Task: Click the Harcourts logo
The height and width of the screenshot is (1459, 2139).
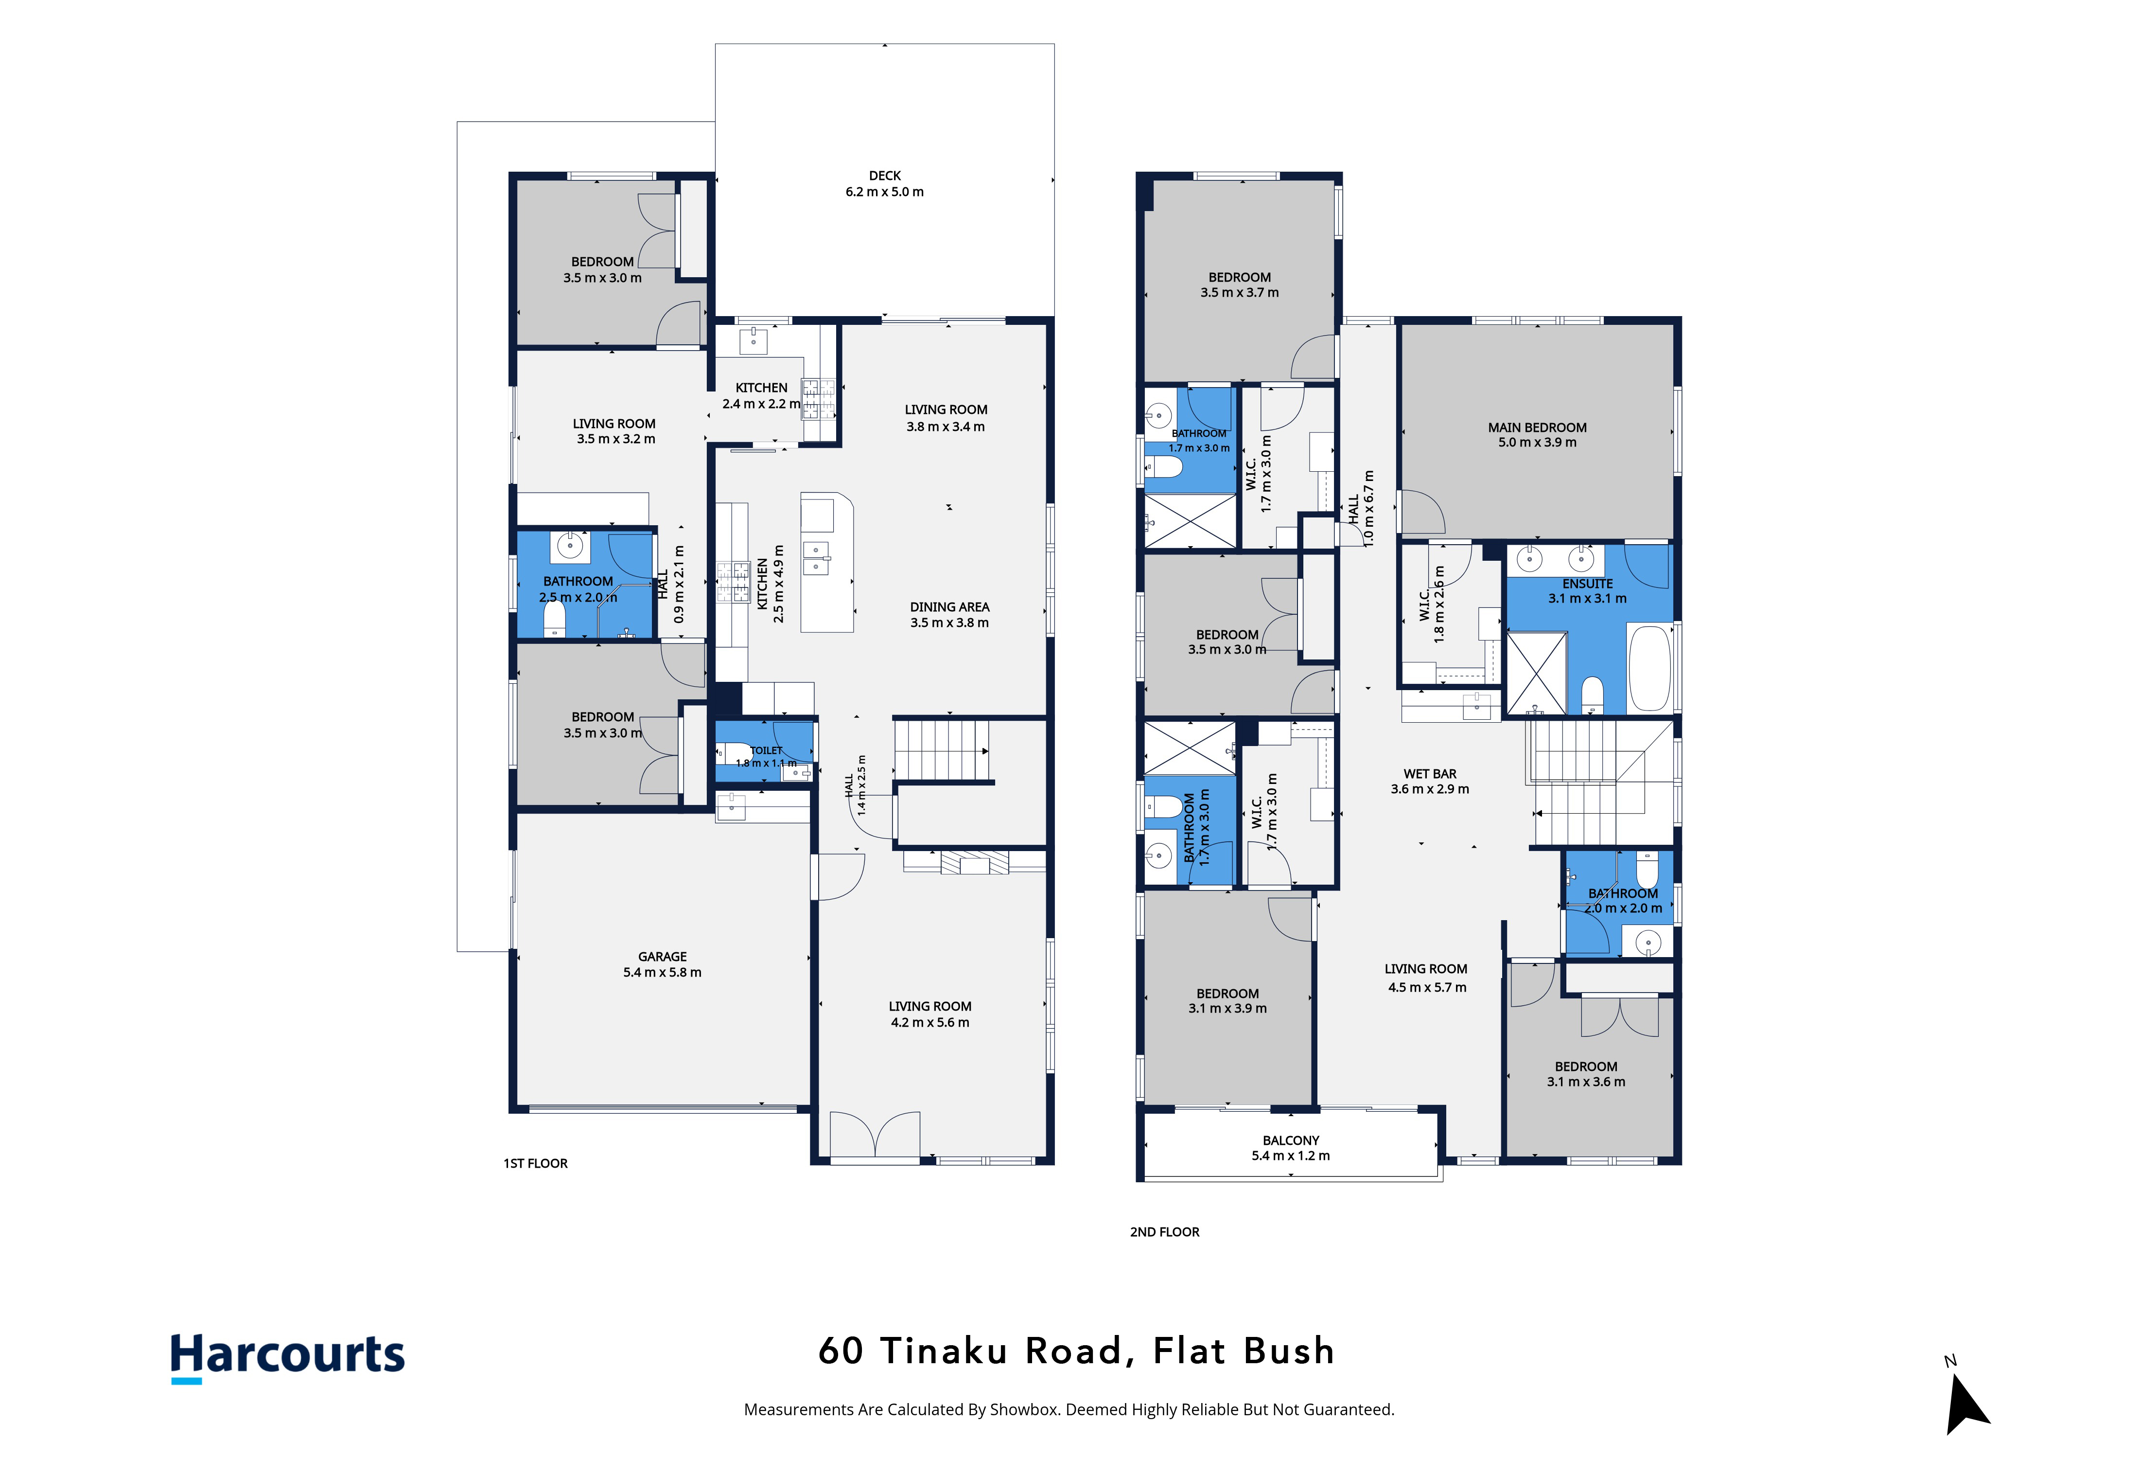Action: click(x=287, y=1357)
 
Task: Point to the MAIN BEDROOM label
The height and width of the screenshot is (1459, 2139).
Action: click(x=1537, y=427)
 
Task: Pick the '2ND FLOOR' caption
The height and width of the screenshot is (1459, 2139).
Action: click(x=1164, y=1231)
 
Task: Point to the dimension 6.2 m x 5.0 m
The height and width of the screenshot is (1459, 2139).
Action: click(x=884, y=192)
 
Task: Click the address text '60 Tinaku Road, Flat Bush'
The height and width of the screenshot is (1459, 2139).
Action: click(x=1076, y=1351)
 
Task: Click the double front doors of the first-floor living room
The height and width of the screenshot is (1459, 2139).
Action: click(x=875, y=1135)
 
